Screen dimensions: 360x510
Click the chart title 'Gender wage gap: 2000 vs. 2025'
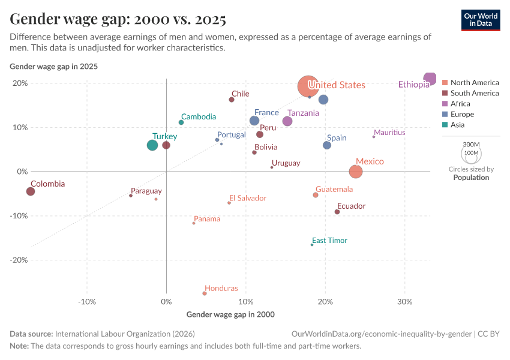coord(118,19)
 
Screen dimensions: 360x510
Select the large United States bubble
coord(308,86)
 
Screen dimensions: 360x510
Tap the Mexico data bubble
coord(356,172)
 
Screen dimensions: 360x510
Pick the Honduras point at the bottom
coord(205,293)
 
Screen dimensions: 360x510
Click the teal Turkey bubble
coord(152,145)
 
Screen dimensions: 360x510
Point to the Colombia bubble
coord(31,191)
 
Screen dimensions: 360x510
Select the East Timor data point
coord(312,245)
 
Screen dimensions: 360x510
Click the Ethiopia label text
coord(414,85)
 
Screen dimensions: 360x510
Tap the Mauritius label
coord(389,133)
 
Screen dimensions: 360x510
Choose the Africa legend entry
coord(460,104)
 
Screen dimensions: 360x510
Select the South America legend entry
coord(474,93)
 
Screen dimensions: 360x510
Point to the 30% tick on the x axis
coord(404,301)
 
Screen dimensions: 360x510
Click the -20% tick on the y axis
coord(19,260)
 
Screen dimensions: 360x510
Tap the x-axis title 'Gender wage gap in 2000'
coord(230,314)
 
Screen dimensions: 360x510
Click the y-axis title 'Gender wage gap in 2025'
coord(54,67)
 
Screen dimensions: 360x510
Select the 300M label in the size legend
coord(472,145)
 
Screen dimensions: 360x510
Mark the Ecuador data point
coord(337,212)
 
